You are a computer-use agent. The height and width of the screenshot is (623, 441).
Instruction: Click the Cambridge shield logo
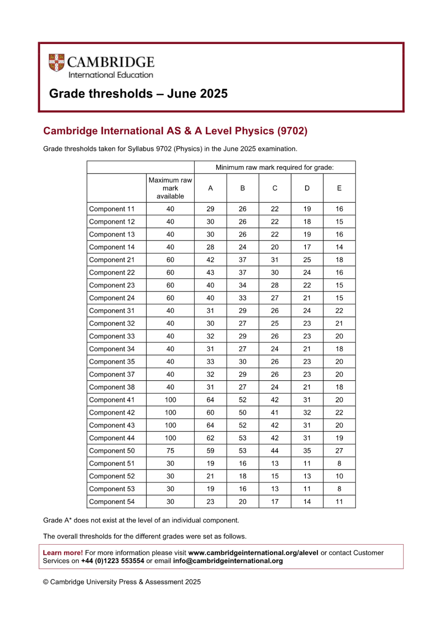(56, 62)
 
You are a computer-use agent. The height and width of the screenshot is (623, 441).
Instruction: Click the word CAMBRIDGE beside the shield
(111, 62)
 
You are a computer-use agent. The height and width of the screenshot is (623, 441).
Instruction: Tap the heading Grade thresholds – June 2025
(138, 94)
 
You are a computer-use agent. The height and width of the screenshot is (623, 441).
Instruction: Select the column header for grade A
(210, 188)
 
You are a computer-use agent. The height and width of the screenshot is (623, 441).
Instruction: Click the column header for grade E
(339, 188)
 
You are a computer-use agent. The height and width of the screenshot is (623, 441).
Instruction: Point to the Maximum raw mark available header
(170, 188)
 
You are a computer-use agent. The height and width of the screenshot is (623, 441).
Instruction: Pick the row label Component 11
(112, 209)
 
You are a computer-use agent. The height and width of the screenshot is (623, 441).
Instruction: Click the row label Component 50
(112, 451)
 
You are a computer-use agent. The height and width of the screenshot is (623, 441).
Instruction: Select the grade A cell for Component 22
(210, 273)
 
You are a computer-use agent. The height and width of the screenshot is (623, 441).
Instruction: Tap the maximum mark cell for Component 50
(170, 451)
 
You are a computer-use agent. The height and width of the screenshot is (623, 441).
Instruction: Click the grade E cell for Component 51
(339, 463)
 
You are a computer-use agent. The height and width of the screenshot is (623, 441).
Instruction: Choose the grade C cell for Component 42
(275, 412)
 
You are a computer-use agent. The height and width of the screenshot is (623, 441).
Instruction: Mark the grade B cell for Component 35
(243, 361)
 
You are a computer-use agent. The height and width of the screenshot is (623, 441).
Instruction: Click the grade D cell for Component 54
(307, 502)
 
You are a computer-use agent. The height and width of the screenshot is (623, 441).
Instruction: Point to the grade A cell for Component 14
(210, 247)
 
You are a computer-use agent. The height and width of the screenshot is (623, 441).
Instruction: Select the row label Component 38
(112, 387)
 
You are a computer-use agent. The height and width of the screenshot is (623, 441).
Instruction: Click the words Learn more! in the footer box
(63, 553)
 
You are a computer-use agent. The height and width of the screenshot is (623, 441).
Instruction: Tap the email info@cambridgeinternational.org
(228, 561)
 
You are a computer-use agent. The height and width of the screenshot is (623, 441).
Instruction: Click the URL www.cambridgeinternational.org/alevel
(253, 553)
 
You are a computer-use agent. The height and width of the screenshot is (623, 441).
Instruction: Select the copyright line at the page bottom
(122, 582)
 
